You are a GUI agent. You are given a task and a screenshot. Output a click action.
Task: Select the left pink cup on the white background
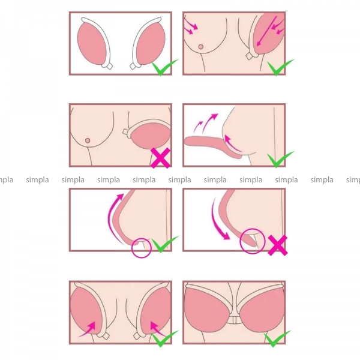91,44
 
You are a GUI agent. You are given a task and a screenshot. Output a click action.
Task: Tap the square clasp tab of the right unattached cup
133,67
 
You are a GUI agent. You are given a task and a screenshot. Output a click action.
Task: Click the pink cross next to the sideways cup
160,158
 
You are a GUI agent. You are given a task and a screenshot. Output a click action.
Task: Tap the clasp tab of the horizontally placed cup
125,132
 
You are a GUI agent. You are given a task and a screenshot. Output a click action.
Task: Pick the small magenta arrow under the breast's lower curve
232,143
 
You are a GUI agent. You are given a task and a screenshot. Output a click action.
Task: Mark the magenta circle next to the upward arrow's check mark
142,248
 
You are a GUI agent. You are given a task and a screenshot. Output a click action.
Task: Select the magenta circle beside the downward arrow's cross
253,241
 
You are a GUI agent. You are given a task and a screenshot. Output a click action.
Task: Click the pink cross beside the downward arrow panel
278,245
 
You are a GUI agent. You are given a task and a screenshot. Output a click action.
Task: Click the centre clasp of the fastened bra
235,320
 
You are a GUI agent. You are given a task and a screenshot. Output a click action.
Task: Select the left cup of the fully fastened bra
206,307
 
